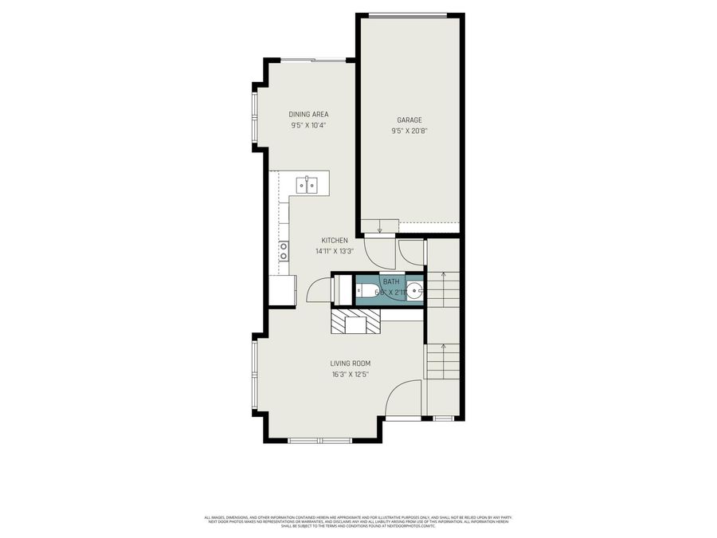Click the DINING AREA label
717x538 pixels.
(x=308, y=114)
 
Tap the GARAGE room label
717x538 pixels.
(x=409, y=120)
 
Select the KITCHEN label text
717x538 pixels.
(x=335, y=241)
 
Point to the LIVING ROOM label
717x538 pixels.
(x=351, y=363)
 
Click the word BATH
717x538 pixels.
(x=390, y=282)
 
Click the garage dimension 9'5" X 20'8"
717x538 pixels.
(x=409, y=131)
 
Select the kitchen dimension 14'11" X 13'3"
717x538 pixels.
(x=335, y=251)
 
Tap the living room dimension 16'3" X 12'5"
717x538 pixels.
(x=351, y=374)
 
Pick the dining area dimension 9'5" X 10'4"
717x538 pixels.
(x=308, y=125)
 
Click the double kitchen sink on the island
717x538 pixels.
(x=308, y=185)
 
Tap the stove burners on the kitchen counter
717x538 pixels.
(x=283, y=251)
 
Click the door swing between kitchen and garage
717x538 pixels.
(x=378, y=253)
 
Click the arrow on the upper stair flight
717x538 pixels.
(x=443, y=277)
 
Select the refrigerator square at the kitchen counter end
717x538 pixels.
(x=282, y=290)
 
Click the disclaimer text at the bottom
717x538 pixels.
(x=358, y=520)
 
